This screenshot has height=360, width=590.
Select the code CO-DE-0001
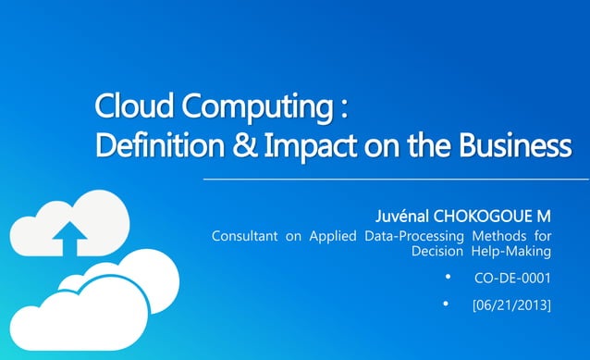pos(512,278)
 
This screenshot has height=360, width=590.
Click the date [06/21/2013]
pos(511,304)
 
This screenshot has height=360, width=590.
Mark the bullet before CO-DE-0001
pos(448,277)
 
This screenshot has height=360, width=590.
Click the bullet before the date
pos(448,303)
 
